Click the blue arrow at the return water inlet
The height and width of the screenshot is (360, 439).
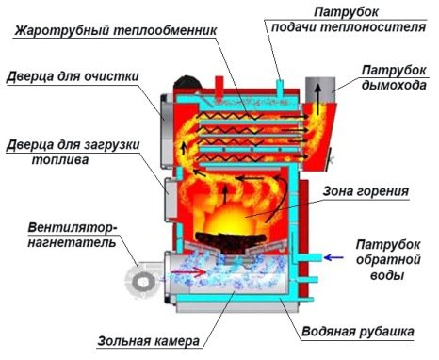(333, 255)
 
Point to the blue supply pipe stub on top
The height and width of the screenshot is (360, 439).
(280, 77)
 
